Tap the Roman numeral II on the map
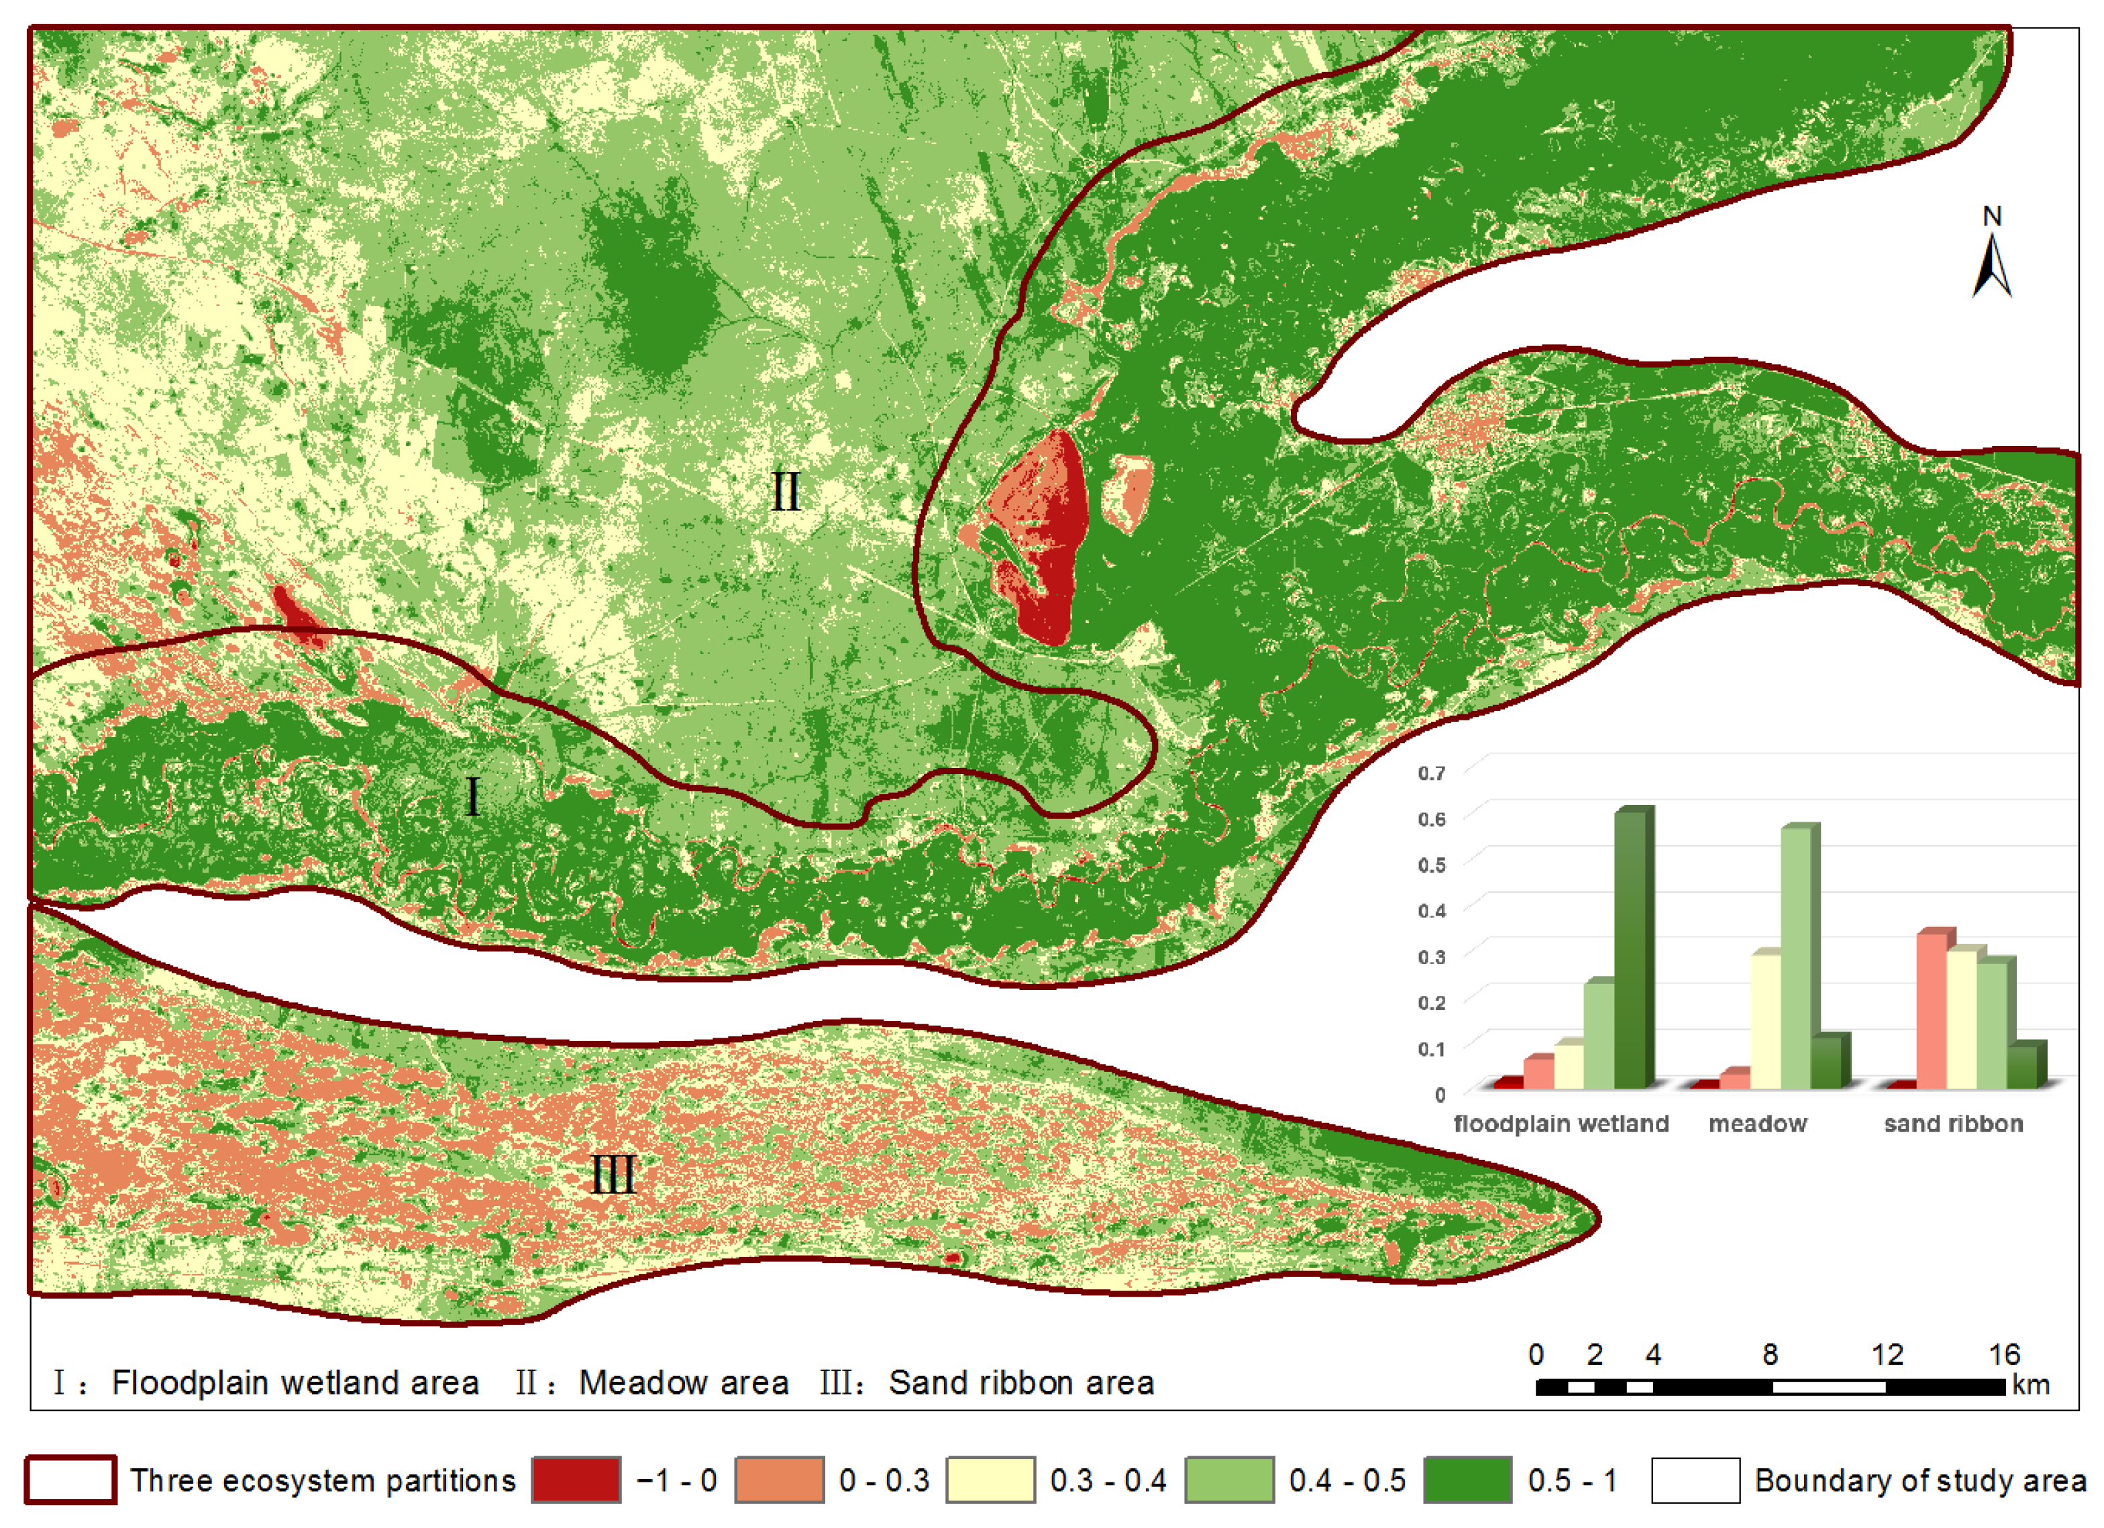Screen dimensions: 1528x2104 785,492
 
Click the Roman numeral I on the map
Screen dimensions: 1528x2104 472,796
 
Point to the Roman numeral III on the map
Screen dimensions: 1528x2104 613,1175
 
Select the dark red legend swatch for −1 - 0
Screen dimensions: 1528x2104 576,1480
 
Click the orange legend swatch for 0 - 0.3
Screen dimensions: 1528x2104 779,1480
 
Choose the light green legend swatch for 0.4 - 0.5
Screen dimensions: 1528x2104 1229,1480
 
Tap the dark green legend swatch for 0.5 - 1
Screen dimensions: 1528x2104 1467,1480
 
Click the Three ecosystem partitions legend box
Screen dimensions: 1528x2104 70,1480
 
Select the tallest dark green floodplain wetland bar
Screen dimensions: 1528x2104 1633,946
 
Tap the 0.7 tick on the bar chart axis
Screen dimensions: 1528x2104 1432,773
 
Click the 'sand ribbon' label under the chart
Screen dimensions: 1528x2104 1953,1124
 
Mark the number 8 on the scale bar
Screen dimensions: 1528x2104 1770,1354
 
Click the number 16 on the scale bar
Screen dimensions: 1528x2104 2004,1354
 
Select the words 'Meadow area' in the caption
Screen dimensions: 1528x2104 684,1382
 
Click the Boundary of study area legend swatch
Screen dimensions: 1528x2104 1695,1480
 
